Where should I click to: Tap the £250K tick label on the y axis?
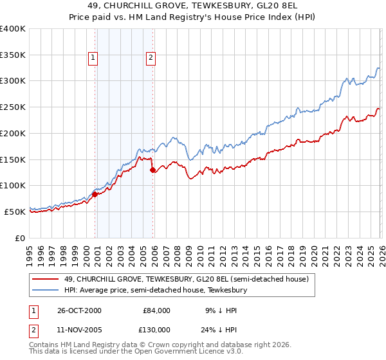(13, 107)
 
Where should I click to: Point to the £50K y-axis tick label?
(15, 212)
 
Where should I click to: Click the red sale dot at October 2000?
(95, 194)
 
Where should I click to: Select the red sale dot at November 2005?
(152, 170)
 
